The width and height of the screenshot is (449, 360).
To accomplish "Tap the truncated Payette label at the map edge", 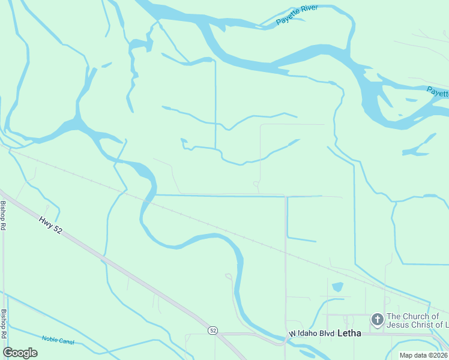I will [438, 92].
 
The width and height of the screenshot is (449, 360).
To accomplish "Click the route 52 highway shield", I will [212, 331].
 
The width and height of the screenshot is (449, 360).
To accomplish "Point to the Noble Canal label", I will [58, 339].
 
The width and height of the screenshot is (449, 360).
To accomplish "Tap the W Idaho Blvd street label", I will [311, 333].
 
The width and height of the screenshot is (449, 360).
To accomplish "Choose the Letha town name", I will [349, 333].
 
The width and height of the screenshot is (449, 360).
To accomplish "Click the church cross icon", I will [378, 320].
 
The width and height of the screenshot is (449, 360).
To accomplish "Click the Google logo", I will [20, 353].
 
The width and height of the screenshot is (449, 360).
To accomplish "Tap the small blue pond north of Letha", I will [337, 287].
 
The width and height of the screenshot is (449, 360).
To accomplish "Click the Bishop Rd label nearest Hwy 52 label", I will [4, 215].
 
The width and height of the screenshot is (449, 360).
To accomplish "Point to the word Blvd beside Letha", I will [327, 333].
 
